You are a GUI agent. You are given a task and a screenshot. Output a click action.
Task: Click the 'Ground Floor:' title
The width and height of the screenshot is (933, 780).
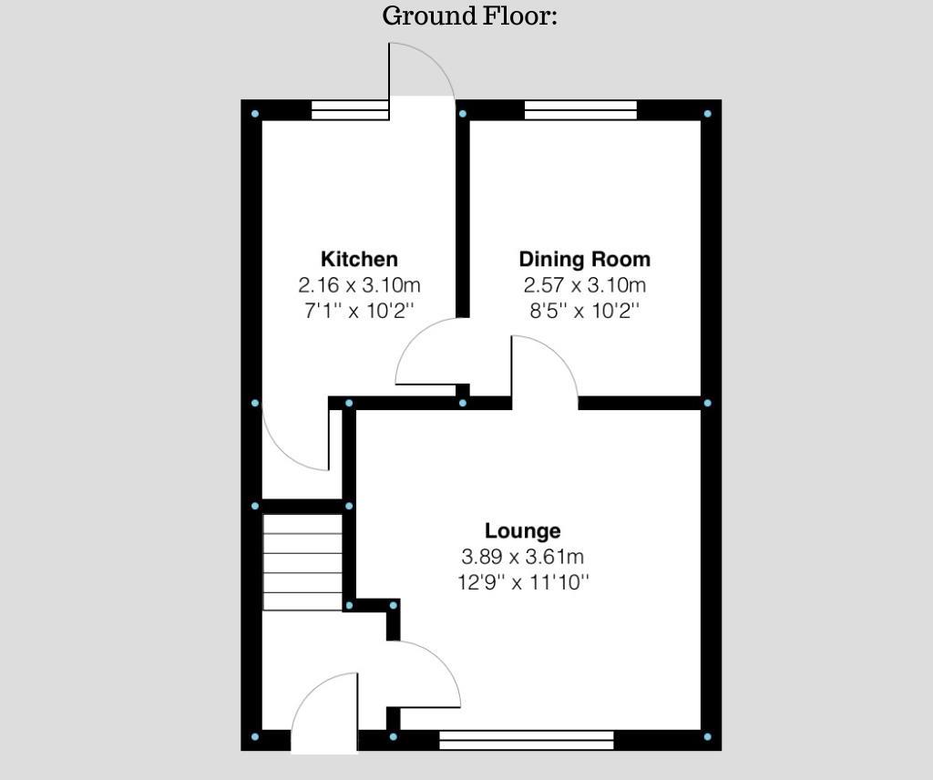pos(469,16)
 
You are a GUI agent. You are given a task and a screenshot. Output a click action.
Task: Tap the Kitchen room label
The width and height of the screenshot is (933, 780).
pos(359,259)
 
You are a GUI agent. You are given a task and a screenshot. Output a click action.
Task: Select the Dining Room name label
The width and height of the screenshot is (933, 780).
pos(584,259)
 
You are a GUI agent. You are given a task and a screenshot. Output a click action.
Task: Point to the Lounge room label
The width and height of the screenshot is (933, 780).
pos(522,530)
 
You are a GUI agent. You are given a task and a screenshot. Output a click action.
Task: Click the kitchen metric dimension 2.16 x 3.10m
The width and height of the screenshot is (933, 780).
pos(359,284)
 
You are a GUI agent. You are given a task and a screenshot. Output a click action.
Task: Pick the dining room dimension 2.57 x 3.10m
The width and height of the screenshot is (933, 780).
pos(584,284)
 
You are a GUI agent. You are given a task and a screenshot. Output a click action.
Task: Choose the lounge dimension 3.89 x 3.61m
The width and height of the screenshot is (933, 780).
pos(522,556)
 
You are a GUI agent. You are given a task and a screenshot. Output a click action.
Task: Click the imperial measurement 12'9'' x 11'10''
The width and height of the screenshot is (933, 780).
pos(522,581)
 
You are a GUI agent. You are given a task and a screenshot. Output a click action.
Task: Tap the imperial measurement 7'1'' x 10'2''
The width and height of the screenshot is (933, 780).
pos(359,310)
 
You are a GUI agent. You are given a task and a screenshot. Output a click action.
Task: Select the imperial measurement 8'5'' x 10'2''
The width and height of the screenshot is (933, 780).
pos(584,310)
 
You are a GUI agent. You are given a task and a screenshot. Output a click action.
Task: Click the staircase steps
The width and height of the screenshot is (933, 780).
pos(302,562)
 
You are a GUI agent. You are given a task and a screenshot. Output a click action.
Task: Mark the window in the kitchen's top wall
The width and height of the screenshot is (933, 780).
pos(350,110)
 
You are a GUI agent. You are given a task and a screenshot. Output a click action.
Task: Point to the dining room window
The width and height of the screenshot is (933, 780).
pos(580,110)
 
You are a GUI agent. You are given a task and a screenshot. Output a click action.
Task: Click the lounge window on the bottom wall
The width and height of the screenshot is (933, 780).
pos(526,740)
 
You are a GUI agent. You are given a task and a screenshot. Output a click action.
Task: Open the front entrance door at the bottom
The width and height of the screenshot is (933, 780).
pos(325,715)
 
